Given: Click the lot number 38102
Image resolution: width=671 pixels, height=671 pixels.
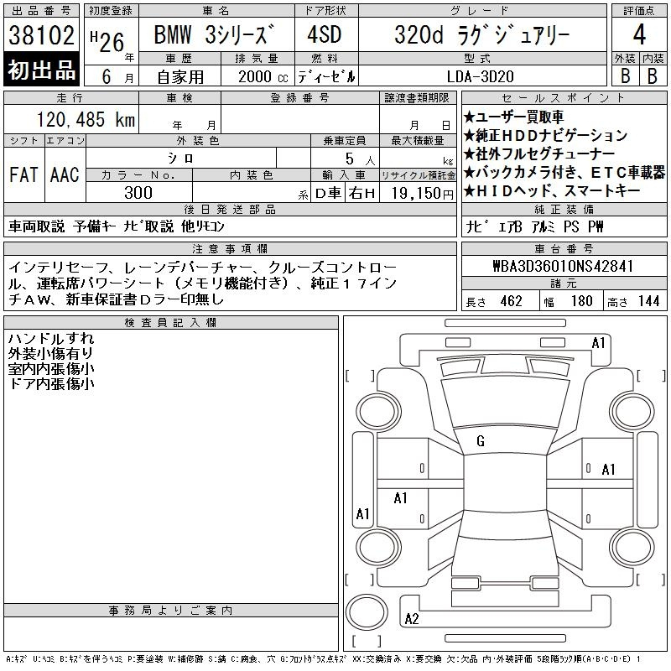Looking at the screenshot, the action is [41, 35].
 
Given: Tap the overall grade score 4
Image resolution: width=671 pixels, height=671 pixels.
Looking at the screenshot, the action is [639, 34].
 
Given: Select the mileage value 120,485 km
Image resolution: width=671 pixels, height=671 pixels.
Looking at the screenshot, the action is [86, 119].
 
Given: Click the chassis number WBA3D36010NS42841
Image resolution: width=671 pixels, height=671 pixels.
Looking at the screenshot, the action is [563, 266].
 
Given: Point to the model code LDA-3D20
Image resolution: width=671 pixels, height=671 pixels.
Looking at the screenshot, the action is [480, 76].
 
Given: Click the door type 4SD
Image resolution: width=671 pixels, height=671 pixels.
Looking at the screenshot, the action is [325, 34].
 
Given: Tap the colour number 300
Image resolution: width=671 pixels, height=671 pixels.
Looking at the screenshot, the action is [138, 193].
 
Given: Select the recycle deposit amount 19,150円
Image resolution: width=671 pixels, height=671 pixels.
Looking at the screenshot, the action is [423, 194].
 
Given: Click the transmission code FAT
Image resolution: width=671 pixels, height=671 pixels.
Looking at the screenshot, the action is [23, 175].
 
